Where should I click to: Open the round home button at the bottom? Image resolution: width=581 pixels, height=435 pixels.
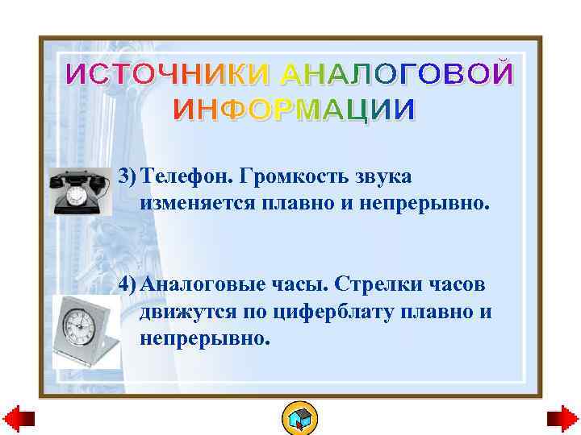point(299,418)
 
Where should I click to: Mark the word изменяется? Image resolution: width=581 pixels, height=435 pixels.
point(196,202)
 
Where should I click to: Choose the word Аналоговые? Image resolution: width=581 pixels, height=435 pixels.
point(206,286)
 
